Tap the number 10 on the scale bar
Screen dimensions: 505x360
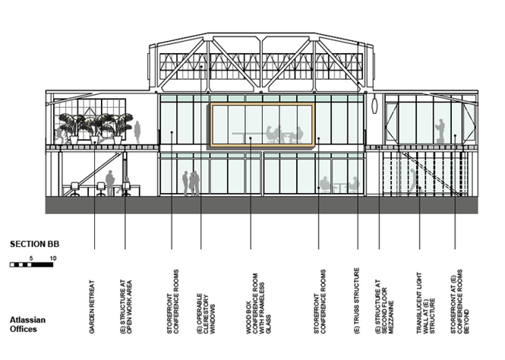53,258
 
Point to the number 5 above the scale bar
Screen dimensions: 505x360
31,258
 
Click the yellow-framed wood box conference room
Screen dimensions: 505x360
262,125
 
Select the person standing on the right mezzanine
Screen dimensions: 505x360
438,130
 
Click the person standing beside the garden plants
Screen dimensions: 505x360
137,131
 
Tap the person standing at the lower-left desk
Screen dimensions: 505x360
110,182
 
